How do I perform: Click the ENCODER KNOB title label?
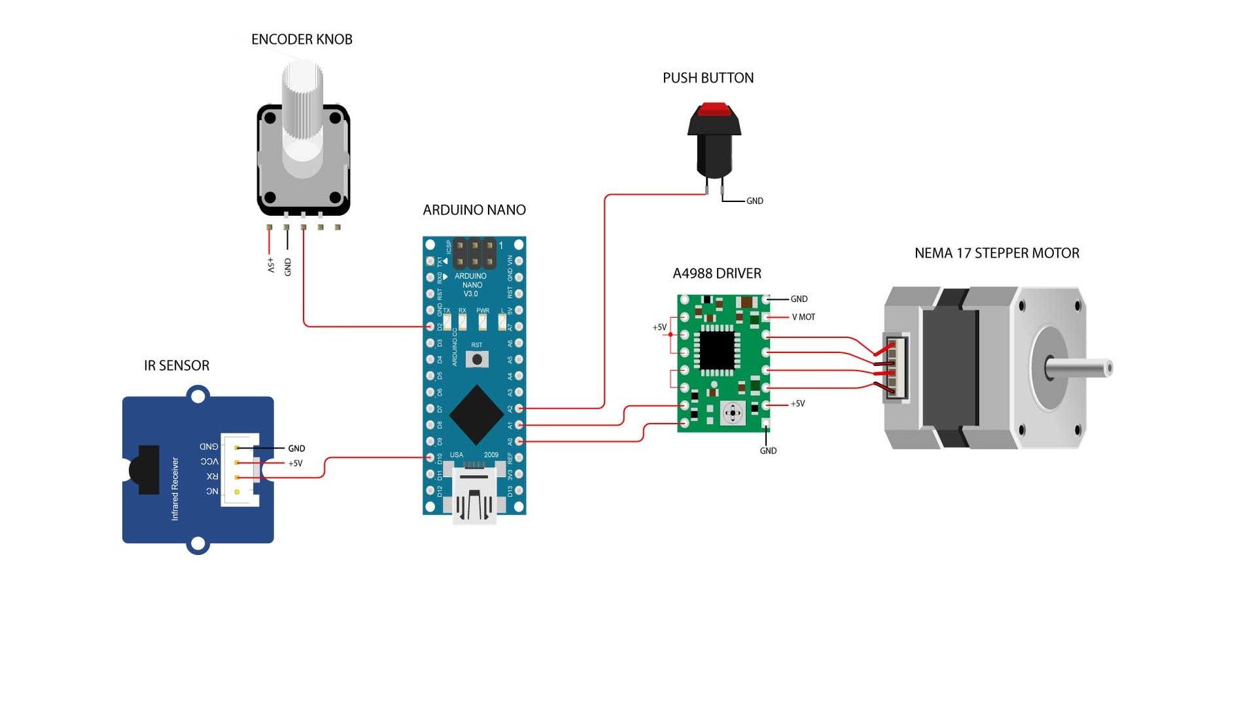point(302,39)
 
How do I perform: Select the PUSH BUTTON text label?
point(708,78)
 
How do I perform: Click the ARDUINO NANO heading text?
point(474,210)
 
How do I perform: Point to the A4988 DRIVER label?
point(717,274)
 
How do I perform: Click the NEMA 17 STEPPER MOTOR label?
point(997,253)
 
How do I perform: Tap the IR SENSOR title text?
point(177,365)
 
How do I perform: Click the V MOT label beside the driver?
point(803,317)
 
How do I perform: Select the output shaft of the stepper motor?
point(1080,367)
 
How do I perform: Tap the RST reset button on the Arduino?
point(477,359)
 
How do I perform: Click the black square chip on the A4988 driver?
point(717,350)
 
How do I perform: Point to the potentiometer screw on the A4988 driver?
point(732,414)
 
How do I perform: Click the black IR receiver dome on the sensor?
point(141,470)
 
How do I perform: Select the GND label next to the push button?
point(754,201)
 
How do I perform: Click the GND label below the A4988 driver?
point(768,451)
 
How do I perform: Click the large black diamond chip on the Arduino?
point(475,414)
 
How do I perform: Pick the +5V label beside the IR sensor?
point(295,463)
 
